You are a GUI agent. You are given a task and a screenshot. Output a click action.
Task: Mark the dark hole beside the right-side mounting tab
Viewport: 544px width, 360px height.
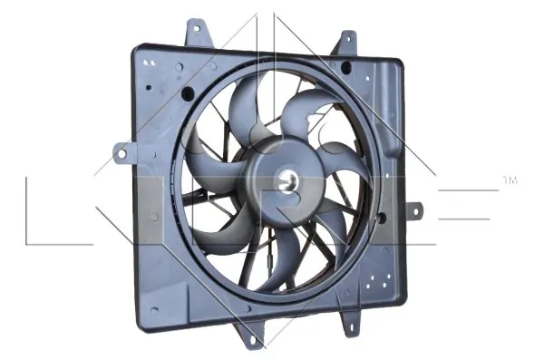tap(381, 219)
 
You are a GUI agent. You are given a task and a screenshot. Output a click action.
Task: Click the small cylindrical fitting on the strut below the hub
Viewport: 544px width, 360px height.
tap(272, 256)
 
